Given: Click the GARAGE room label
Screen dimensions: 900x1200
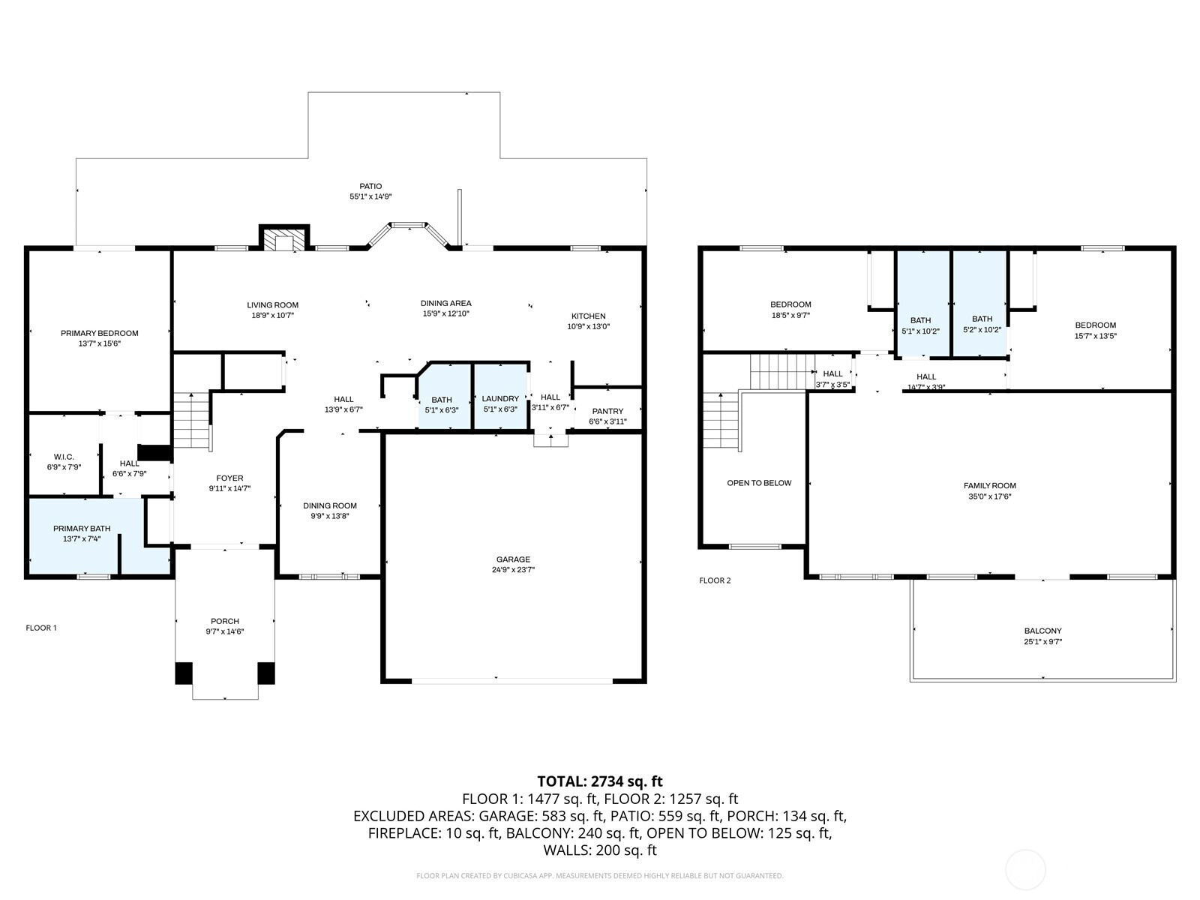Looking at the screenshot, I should (x=513, y=559).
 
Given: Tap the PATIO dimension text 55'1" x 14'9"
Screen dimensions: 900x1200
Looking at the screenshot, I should (x=370, y=196).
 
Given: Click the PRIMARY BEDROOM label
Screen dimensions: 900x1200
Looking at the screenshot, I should (x=100, y=333).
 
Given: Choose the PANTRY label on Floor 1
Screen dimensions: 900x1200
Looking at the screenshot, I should (x=607, y=411).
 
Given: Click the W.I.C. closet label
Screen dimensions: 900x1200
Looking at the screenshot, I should (x=64, y=457).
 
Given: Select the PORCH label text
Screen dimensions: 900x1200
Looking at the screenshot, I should (x=225, y=621).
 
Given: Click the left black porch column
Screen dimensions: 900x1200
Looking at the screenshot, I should (x=184, y=673).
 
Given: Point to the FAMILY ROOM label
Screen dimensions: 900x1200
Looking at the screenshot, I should (x=990, y=486).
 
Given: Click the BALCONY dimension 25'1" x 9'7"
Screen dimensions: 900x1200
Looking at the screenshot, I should (x=1043, y=642).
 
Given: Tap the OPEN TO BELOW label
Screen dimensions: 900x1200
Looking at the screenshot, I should (x=759, y=483).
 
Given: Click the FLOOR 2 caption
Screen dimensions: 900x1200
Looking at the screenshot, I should (x=715, y=580).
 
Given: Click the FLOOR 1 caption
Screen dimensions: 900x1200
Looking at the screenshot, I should (x=41, y=628).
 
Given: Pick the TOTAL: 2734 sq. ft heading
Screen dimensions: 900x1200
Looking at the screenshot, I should (x=600, y=781).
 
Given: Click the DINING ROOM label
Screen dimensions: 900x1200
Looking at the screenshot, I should (x=330, y=505).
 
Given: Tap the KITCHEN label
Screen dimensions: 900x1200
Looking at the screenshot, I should (x=589, y=316).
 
